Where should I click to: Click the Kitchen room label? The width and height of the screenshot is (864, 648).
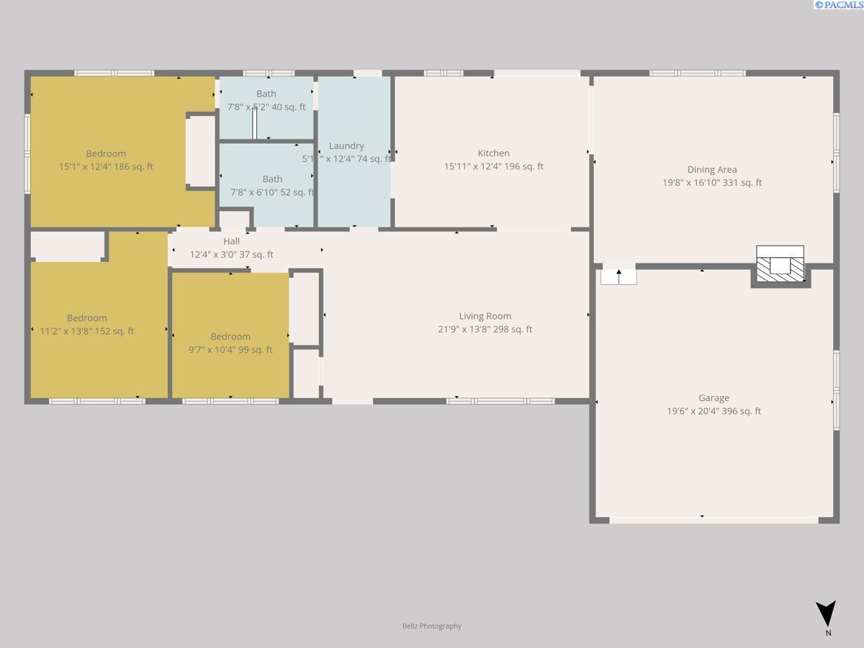tap(493, 153)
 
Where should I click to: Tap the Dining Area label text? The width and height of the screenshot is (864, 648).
tap(711, 170)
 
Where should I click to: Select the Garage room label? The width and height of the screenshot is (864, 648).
tap(714, 398)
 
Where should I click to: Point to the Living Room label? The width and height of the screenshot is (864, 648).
tap(485, 316)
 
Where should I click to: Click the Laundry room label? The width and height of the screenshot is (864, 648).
tap(346, 146)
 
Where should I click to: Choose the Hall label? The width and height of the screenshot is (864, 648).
tap(231, 242)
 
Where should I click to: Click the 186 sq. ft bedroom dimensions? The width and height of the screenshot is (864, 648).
tap(106, 167)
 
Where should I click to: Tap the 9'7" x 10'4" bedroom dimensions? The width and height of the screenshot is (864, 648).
tap(230, 350)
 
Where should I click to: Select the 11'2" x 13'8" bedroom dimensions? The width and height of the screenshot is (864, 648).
tap(86, 331)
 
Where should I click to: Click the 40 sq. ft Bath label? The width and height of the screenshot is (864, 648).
tap(266, 94)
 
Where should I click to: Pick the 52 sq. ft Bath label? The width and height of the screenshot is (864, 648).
tap(272, 179)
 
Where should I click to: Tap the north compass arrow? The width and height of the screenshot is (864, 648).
tap(827, 613)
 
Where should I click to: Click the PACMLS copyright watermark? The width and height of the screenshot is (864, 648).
tap(838, 5)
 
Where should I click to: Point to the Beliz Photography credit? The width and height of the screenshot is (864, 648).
tap(432, 626)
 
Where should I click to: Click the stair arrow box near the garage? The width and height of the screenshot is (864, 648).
tap(618, 276)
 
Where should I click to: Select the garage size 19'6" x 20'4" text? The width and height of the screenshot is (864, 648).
tap(714, 412)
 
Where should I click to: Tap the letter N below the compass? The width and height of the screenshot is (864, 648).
tap(828, 634)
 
